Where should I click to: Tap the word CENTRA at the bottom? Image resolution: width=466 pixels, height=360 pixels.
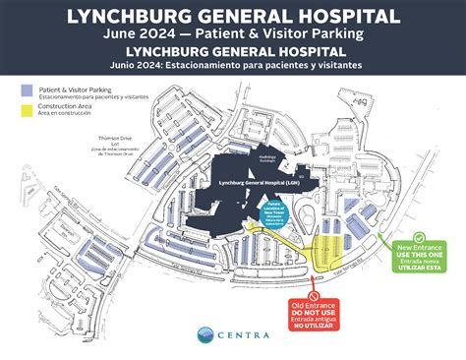[245, 337]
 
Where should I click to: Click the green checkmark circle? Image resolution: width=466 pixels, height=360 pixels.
[420, 236]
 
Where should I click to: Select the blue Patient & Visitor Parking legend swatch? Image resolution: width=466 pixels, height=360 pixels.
[27, 90]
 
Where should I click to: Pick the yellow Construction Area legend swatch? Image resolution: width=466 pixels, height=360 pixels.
[27, 109]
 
